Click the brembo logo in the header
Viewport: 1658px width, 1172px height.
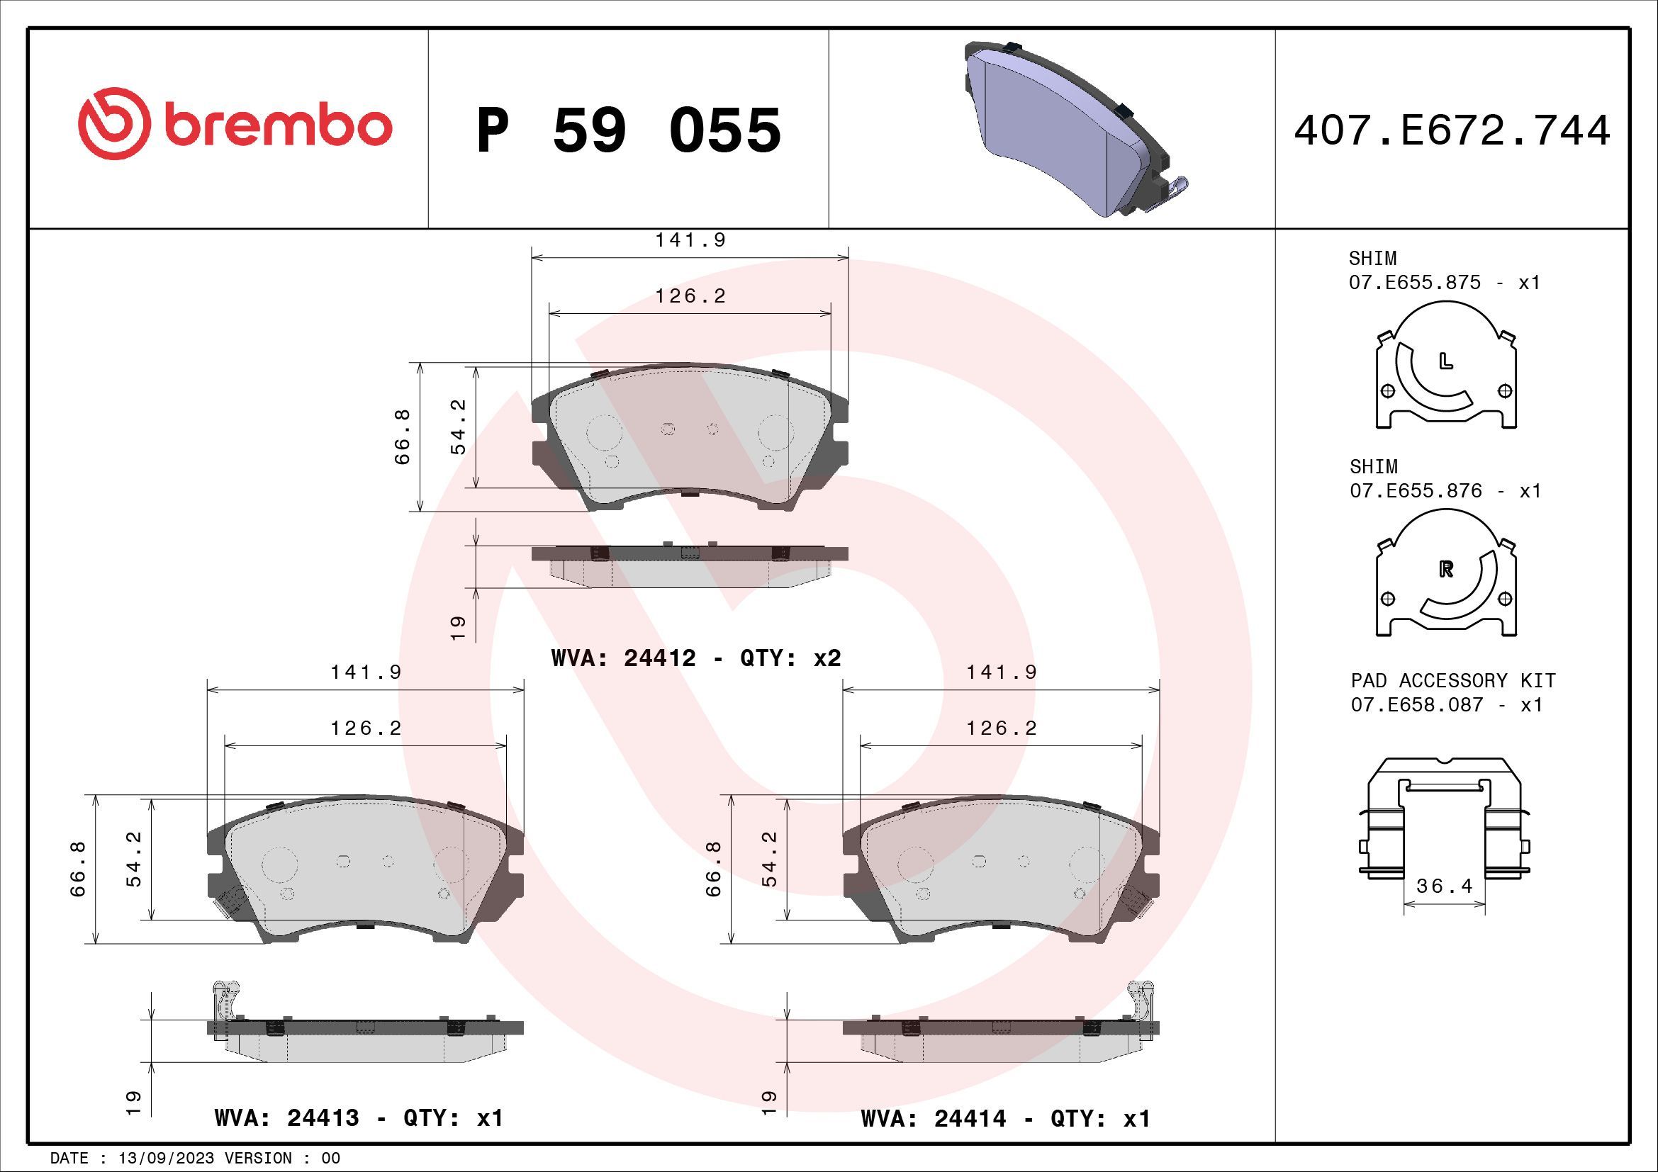[x=235, y=124]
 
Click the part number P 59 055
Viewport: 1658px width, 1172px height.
[x=628, y=130]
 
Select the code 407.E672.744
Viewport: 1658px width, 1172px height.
[x=1452, y=130]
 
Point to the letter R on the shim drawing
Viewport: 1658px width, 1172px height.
[x=1445, y=570]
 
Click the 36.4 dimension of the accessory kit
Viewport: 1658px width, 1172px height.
[x=1444, y=886]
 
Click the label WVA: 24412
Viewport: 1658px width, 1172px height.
[x=623, y=658]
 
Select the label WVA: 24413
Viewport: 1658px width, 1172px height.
[x=286, y=1118]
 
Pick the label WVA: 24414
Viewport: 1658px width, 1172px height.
[x=933, y=1119]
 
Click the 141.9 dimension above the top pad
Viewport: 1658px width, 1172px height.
[x=690, y=240]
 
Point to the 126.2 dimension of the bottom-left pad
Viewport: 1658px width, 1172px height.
[x=365, y=728]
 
